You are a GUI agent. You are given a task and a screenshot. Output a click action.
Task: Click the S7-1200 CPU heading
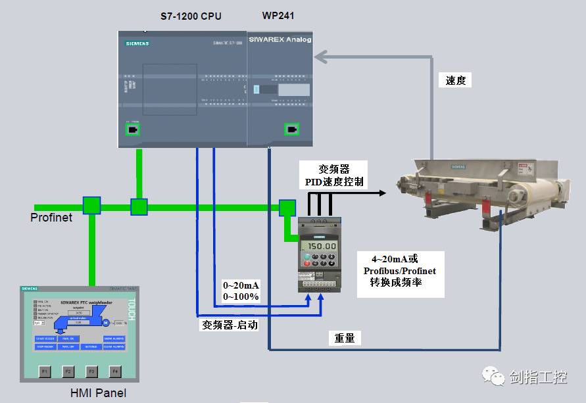point(191,16)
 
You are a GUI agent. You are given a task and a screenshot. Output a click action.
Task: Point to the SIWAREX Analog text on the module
point(280,40)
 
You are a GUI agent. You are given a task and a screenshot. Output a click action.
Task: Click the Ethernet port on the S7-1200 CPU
point(133,130)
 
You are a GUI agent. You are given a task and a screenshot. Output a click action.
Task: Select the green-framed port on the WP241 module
point(291,129)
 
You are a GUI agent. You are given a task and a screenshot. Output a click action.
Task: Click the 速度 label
point(455,80)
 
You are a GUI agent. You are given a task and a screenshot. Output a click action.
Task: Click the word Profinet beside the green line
point(51,216)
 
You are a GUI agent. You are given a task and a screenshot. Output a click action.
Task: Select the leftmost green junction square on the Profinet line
point(91,206)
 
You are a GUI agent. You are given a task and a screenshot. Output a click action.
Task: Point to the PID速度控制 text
point(334,181)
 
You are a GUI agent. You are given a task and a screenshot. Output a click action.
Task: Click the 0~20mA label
point(241,285)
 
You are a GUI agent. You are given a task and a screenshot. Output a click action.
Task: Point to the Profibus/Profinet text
point(400,270)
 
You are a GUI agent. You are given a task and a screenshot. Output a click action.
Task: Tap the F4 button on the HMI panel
point(116,371)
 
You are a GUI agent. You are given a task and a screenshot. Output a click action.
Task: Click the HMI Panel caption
point(98,393)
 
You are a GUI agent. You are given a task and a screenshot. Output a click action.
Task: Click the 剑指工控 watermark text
point(537,377)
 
